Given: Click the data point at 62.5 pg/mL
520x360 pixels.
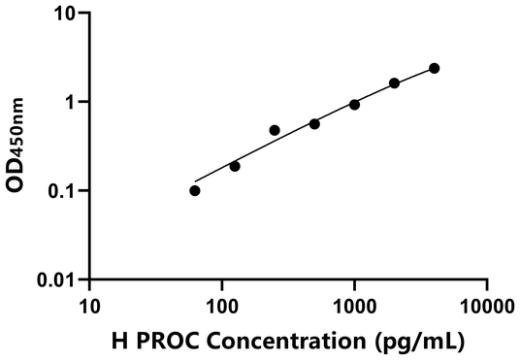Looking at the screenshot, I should pyautogui.click(x=195, y=190).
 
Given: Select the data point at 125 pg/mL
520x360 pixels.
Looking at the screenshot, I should pyautogui.click(x=235, y=166).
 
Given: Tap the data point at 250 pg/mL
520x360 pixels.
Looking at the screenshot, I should pyautogui.click(x=275, y=130).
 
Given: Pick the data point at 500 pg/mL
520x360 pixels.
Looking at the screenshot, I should pyautogui.click(x=314, y=123).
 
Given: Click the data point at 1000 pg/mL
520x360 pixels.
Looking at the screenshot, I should pyautogui.click(x=354, y=104).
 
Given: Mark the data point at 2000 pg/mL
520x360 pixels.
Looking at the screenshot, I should pyautogui.click(x=394, y=83).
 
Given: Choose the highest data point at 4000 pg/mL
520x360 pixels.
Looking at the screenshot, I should pyautogui.click(x=434, y=68).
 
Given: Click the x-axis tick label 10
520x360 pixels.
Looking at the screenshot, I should pyautogui.click(x=90, y=304).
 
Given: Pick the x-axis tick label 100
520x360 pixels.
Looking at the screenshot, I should pyautogui.click(x=222, y=304).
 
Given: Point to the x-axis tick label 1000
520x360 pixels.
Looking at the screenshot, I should pyautogui.click(x=354, y=304).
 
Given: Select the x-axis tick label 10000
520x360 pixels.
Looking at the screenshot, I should pyautogui.click(x=486, y=304).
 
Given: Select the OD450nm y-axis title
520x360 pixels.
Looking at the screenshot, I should pyautogui.click(x=18, y=146).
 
